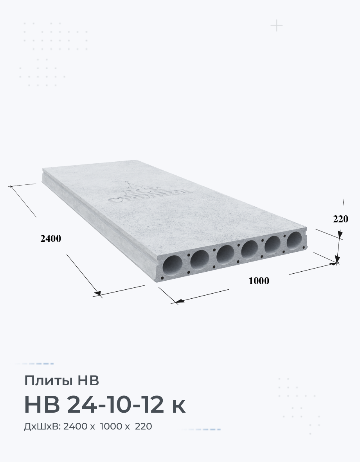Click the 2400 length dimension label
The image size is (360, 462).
pos(50,238)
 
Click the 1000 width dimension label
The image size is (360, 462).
pos(259,281)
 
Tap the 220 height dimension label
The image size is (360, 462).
pos(340,219)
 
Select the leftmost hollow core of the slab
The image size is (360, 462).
pos(173,265)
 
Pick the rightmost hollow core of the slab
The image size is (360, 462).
pos(295,240)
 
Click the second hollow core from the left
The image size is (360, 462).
pos(200,260)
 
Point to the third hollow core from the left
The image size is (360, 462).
pos(225,254)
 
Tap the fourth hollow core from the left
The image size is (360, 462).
pos(250,249)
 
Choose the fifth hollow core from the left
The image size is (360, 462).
pos(273,245)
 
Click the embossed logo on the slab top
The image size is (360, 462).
pos(149,193)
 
